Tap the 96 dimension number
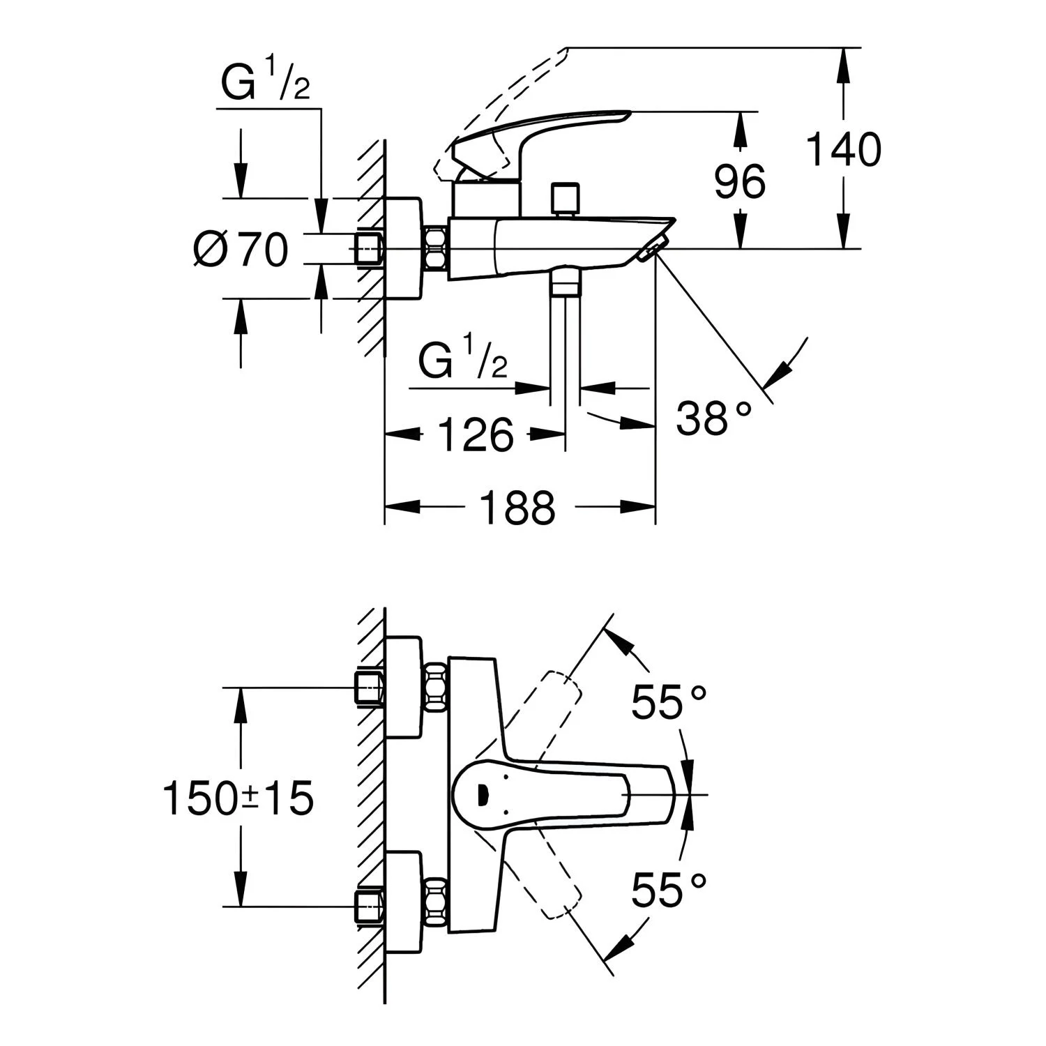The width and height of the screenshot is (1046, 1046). click(x=740, y=182)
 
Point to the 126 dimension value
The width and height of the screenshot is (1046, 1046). click(x=476, y=435)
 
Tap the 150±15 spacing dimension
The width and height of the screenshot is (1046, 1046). click(x=238, y=798)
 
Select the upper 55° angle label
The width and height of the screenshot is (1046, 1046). click(x=669, y=701)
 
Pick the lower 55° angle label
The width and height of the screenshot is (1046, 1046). click(x=669, y=890)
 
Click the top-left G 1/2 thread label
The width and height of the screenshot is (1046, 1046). click(x=265, y=84)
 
